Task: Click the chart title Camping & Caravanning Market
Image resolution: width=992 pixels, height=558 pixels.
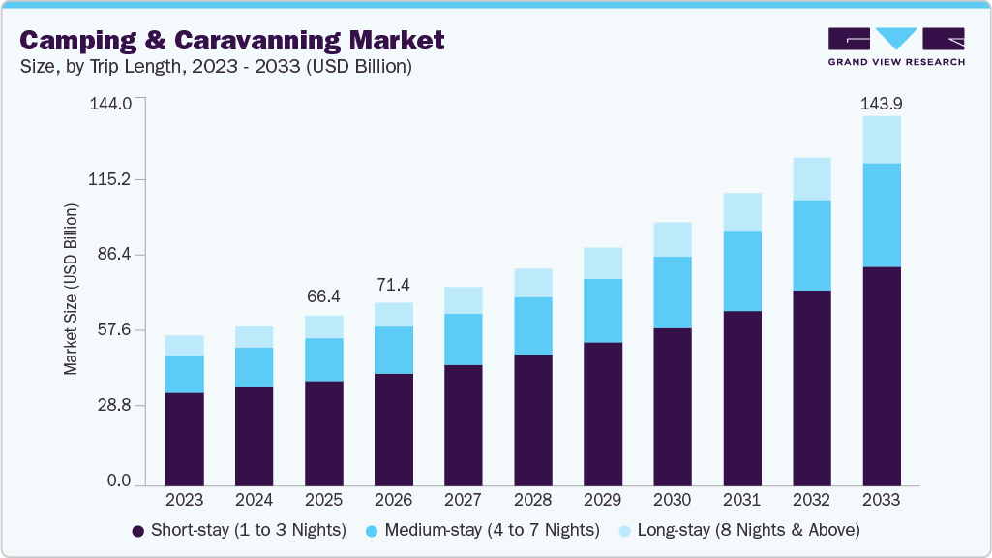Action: click(x=232, y=40)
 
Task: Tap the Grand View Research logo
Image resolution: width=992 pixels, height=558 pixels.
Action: click(x=896, y=46)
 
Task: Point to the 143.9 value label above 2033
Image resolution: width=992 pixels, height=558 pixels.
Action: click(x=882, y=103)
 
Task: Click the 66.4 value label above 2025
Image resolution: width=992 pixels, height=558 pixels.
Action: click(x=324, y=295)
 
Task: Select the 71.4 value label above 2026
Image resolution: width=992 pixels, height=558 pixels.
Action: click(x=394, y=284)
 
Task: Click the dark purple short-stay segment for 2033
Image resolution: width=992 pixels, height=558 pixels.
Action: click(x=882, y=376)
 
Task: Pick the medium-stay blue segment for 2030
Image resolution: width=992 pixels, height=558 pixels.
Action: click(x=673, y=293)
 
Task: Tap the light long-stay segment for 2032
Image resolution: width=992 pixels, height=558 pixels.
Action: click(x=812, y=179)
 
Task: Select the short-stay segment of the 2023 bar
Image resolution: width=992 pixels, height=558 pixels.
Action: click(x=185, y=439)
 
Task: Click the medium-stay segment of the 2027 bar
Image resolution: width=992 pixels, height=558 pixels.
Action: click(x=464, y=339)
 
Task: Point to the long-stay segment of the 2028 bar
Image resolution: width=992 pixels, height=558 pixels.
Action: click(x=533, y=283)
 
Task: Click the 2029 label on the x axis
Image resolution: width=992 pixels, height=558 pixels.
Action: click(x=603, y=501)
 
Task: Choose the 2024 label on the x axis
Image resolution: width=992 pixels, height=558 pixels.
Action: click(x=255, y=501)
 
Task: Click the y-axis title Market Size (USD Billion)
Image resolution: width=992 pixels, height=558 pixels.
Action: click(x=71, y=290)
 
